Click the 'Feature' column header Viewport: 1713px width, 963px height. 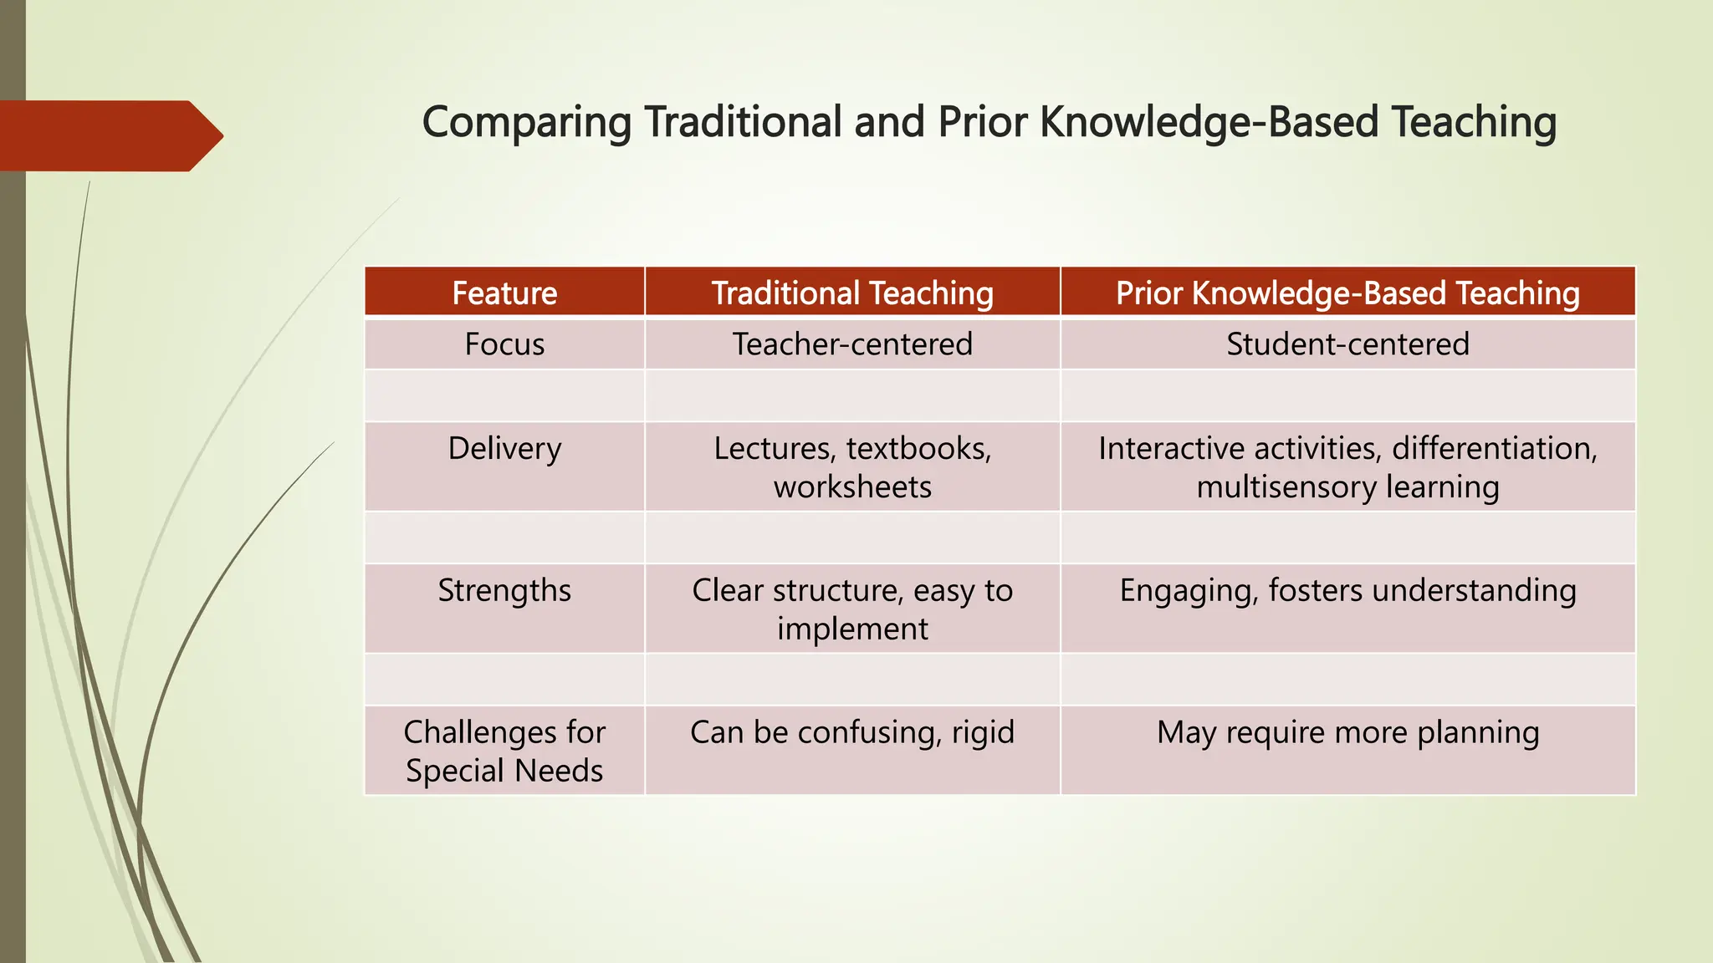coord(504,293)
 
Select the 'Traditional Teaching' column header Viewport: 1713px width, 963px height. coord(851,293)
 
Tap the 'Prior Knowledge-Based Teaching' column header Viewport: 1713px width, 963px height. coord(1347,293)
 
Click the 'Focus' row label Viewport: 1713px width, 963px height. coord(504,344)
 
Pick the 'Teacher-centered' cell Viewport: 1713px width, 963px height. coord(851,344)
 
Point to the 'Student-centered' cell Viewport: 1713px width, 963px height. coord(1347,344)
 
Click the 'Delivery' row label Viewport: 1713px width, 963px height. coord(504,449)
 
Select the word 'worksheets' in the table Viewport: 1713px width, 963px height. coord(851,487)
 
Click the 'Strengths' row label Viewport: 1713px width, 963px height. coord(504,591)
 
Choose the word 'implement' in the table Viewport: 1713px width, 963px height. coord(851,629)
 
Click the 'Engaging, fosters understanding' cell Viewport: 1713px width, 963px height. coord(1347,591)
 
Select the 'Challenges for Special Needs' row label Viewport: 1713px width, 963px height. coord(504,751)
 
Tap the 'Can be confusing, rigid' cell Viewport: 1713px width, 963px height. coord(851,732)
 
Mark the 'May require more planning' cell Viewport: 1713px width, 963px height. coord(1347,732)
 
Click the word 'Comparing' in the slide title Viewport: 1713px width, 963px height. coord(526,123)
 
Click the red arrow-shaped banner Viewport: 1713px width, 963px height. coord(105,135)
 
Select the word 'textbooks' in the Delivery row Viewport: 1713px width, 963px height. coord(918,449)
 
